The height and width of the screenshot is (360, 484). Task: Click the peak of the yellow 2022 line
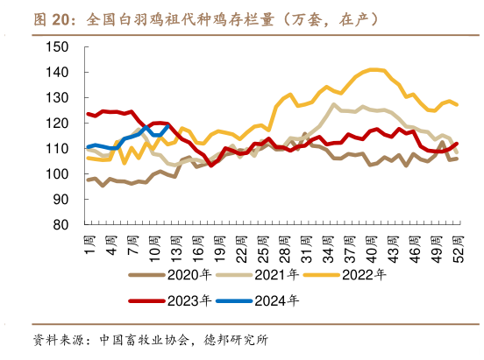(x=374, y=69)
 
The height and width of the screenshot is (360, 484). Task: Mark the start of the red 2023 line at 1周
(x=88, y=114)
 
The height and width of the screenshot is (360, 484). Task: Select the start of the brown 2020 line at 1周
(x=88, y=180)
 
